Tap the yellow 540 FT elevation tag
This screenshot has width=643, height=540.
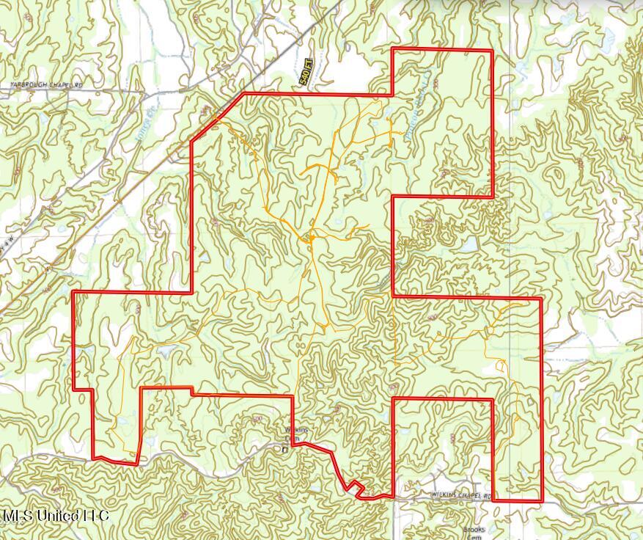306,73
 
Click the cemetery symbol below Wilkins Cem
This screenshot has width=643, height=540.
285,448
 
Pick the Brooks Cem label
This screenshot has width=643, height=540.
474,532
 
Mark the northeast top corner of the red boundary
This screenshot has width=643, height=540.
491,51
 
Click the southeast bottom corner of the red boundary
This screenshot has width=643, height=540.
542,501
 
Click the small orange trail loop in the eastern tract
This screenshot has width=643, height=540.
501,365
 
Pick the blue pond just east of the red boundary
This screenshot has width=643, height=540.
468,246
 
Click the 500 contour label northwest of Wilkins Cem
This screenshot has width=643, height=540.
257,418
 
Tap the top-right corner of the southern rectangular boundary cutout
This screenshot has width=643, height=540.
492,399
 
